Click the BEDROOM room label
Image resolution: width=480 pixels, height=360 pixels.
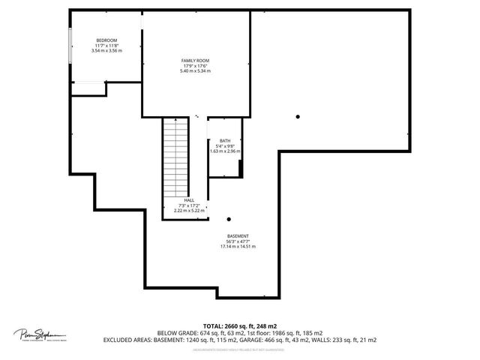coord(106,40)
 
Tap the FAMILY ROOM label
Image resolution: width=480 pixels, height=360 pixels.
coord(195,60)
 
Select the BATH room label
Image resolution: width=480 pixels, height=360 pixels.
coord(225,141)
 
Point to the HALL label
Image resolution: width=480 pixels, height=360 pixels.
coord(188,200)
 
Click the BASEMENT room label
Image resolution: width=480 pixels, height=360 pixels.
coord(238,235)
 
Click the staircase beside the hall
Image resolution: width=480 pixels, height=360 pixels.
coord(175,157)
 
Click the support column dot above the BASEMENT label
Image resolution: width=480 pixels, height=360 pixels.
coord(229,219)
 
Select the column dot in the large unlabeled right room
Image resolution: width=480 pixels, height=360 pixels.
coord(298,115)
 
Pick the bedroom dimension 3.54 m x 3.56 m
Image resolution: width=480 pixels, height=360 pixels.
coord(106,51)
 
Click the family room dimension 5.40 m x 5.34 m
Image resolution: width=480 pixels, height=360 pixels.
coord(195,70)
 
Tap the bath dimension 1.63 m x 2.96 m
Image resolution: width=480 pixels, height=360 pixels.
coord(225,151)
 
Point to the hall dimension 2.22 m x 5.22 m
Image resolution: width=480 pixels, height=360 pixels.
coord(188,211)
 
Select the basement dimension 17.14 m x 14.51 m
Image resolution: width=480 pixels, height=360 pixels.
coord(238,246)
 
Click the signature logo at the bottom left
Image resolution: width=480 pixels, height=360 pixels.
coord(40,334)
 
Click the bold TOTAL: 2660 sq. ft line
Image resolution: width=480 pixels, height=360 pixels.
coord(239,325)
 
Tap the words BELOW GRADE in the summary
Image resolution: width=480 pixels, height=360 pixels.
coord(178,332)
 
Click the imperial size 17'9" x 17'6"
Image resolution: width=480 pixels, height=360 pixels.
coord(195,65)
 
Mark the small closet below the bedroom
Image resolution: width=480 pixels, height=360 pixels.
coord(88,88)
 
